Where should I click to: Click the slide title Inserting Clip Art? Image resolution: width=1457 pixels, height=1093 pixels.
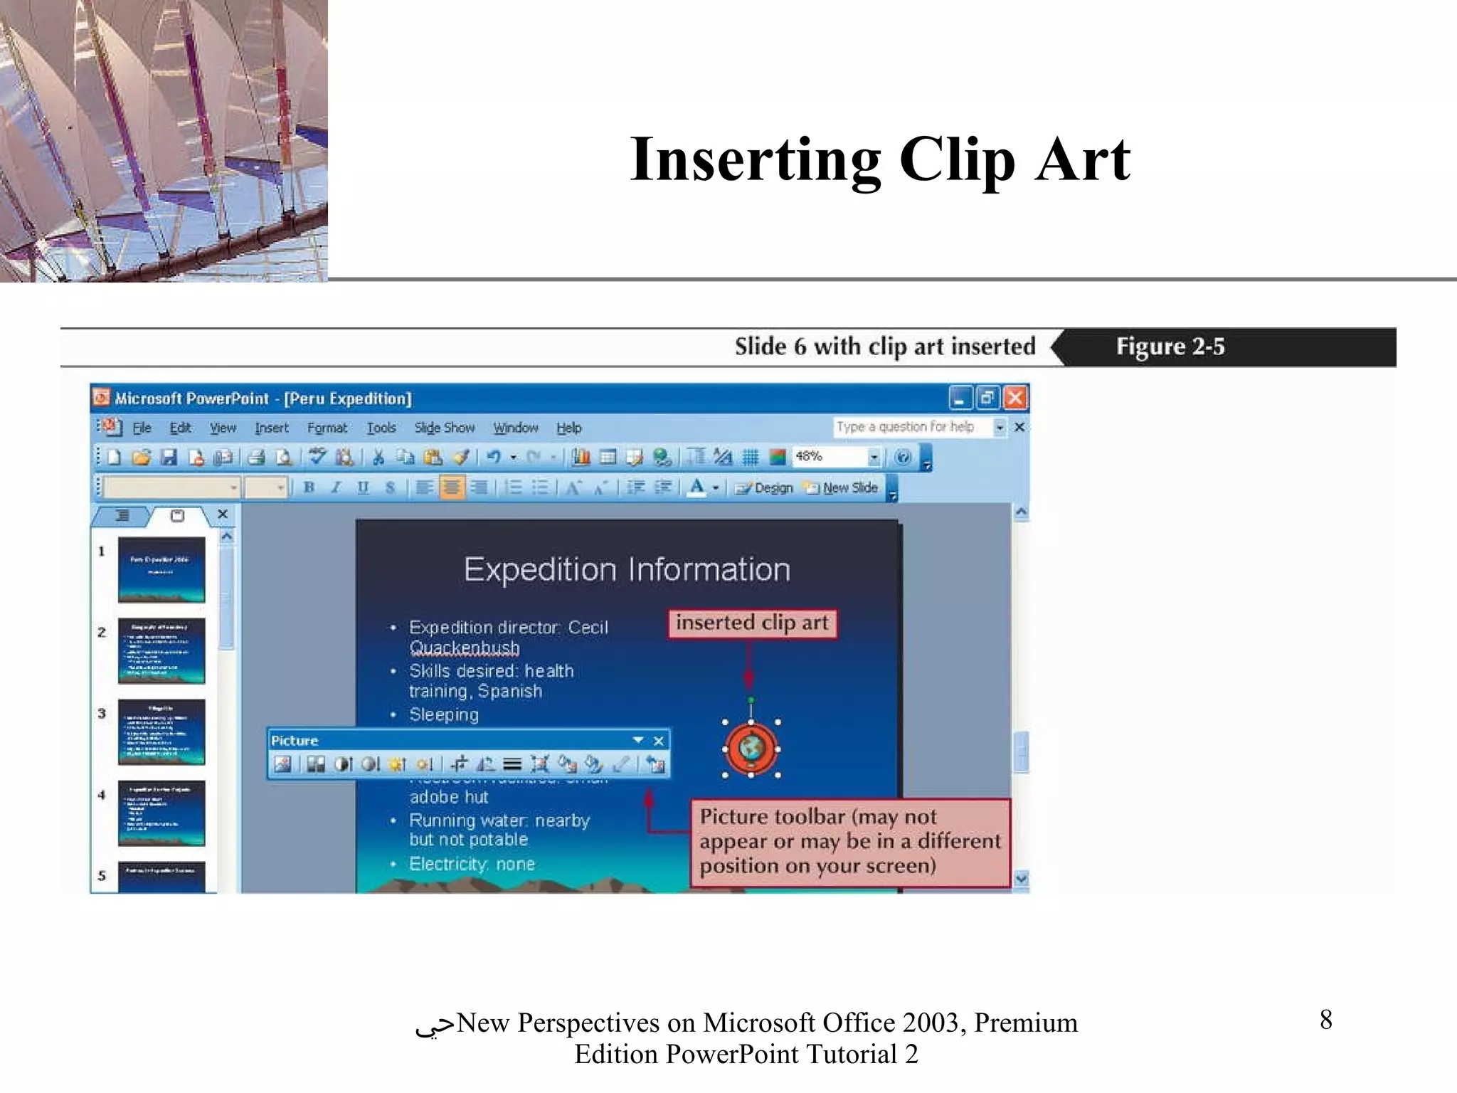pyautogui.click(x=879, y=159)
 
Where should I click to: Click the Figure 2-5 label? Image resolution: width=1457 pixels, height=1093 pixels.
pyautogui.click(x=1170, y=347)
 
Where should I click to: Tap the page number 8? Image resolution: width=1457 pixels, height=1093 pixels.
pyautogui.click(x=1325, y=1020)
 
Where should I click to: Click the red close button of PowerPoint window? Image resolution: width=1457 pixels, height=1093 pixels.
pyautogui.click(x=1015, y=398)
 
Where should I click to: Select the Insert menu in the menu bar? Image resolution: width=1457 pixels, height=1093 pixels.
pyautogui.click(x=271, y=428)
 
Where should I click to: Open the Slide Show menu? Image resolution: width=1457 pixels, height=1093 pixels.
pyautogui.click(x=444, y=428)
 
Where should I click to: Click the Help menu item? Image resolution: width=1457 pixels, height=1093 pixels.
pyautogui.click(x=568, y=428)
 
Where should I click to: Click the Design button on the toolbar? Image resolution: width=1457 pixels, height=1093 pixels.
pyautogui.click(x=765, y=488)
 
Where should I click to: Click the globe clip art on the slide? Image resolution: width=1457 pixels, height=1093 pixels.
pyautogui.click(x=751, y=749)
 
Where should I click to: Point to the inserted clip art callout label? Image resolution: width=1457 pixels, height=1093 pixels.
pyautogui.click(x=751, y=623)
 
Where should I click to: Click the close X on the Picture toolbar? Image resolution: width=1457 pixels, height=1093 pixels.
pyautogui.click(x=659, y=741)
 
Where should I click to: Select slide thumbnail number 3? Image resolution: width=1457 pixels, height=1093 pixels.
pyautogui.click(x=161, y=732)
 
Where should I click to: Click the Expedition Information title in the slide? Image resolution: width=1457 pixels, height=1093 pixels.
pyautogui.click(x=627, y=570)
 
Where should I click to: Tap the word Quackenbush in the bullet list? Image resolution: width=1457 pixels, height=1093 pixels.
pyautogui.click(x=464, y=648)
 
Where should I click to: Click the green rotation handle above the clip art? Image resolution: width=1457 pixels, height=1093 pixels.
pyautogui.click(x=751, y=700)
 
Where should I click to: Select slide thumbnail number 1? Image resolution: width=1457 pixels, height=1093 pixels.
pyautogui.click(x=161, y=569)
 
